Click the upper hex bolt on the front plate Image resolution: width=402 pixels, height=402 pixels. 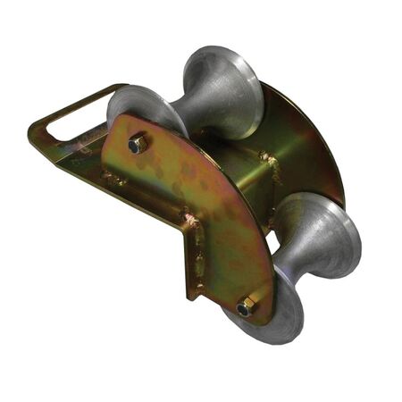tap(138, 144)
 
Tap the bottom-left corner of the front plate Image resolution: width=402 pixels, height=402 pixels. tap(189, 295)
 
